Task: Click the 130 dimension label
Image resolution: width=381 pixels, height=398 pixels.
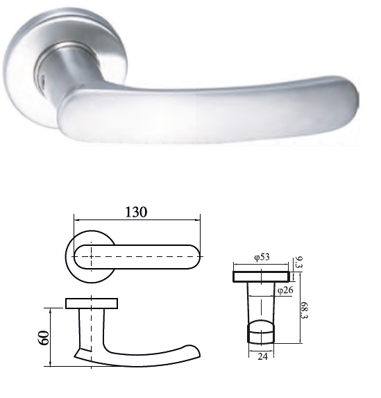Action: click(136, 212)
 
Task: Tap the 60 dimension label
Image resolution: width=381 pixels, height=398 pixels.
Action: click(44, 338)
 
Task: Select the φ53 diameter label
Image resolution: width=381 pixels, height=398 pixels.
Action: click(262, 257)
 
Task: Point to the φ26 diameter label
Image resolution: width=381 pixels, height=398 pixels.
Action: click(285, 290)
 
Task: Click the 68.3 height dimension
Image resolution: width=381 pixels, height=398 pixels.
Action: click(304, 310)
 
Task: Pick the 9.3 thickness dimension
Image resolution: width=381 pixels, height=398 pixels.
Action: click(299, 263)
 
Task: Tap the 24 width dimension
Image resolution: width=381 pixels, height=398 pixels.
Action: click(262, 356)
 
